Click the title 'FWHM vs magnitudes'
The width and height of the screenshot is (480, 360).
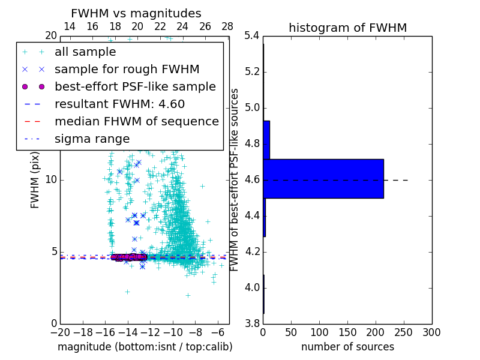pos(136,14)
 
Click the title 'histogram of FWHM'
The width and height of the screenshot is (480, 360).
pos(347,28)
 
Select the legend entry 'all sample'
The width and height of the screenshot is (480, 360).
pos(85,52)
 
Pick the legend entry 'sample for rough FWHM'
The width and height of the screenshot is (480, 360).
pos(127,69)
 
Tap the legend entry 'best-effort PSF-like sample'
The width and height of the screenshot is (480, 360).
pos(135,86)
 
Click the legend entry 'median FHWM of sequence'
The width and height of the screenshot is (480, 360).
pos(136,121)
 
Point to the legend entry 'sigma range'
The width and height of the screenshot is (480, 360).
pos(92,139)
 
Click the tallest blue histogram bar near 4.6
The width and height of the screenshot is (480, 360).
pos(323,178)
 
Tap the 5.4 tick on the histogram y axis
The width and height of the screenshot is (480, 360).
pos(253,36)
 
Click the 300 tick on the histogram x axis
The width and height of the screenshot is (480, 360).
pos(431,332)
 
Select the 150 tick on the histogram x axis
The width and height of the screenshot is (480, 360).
pos(347,332)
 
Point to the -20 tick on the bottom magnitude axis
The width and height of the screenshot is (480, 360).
pos(60,332)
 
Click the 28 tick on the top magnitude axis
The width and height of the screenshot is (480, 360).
pos(227,27)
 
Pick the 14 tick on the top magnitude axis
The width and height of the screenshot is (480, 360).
pos(70,27)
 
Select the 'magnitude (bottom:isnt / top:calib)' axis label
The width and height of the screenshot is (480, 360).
pos(145,347)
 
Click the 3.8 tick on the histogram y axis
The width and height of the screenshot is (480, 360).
pos(253,323)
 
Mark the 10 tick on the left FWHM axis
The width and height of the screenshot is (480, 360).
pos(50,179)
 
